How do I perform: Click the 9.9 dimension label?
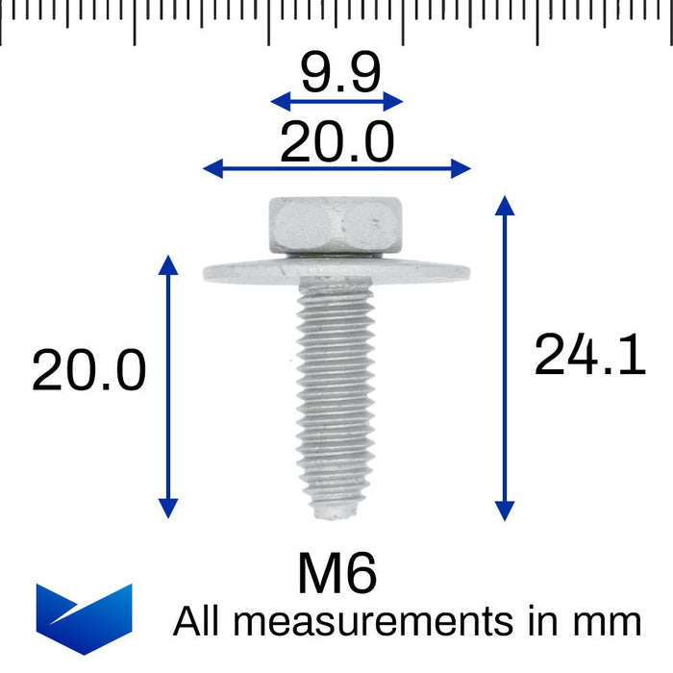point(339,73)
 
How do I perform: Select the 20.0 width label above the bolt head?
point(336,143)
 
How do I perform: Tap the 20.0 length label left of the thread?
point(89,371)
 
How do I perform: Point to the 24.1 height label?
point(588,355)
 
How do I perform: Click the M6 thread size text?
point(336,574)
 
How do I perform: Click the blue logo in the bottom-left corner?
point(84,617)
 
